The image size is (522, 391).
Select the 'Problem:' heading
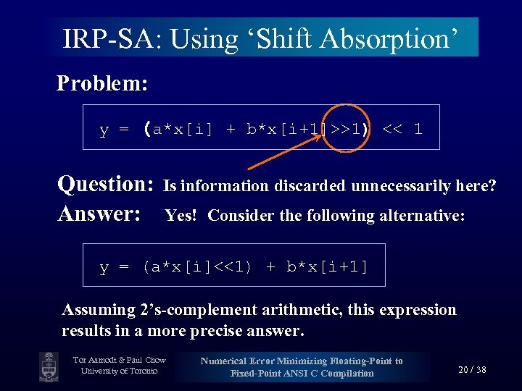point(102,83)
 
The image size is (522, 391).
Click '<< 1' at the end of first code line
point(402,130)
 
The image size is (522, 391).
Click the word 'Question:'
point(105,185)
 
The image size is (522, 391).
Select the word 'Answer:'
point(99,214)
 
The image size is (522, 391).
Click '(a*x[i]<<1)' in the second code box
point(197,266)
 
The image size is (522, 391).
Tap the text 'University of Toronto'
point(119,371)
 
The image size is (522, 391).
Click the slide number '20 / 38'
point(472,369)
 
